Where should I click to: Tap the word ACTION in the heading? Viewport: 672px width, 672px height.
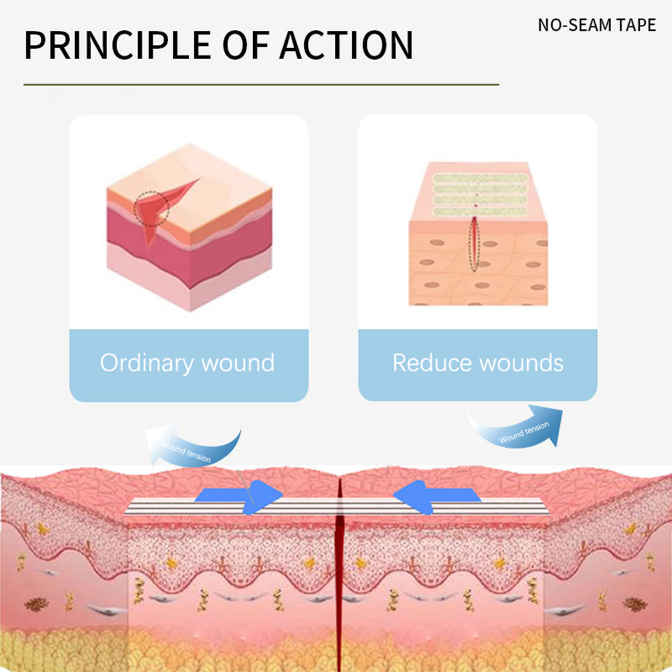point(346,45)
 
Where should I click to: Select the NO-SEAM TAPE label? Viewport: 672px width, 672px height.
point(597,25)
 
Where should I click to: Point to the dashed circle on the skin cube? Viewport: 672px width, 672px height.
point(152,209)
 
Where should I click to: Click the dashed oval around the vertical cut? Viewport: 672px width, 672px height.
point(474,244)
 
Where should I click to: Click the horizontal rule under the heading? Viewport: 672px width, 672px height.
point(261,84)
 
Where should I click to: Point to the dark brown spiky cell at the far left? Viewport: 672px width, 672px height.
point(37,604)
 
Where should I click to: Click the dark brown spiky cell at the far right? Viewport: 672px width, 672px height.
point(635,604)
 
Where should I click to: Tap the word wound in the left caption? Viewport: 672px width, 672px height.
point(238,363)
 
